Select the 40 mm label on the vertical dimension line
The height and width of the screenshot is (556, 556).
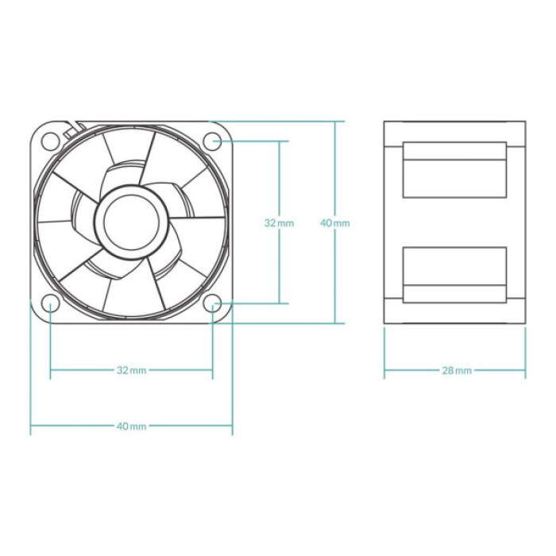point(334,223)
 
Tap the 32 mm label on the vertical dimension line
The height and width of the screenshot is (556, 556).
point(279,223)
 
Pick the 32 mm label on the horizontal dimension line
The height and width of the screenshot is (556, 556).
point(131,370)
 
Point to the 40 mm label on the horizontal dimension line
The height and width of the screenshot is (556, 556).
point(131,426)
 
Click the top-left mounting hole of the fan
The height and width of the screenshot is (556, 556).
point(50,141)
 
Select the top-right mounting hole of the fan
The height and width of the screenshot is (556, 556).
point(212,141)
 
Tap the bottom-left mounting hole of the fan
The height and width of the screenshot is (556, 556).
point(50,303)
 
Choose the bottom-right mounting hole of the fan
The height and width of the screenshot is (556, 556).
point(212,303)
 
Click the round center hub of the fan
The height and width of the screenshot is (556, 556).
point(131,222)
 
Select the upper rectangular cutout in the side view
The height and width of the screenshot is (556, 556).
point(454,170)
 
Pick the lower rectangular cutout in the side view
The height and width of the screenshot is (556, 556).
point(454,275)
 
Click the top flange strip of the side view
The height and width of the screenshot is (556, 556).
point(454,133)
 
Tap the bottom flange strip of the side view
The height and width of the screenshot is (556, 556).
point(454,313)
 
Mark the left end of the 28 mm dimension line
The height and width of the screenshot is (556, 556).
point(384,370)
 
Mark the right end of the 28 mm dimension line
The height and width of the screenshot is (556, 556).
point(525,370)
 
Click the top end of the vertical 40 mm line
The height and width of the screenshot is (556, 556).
point(334,122)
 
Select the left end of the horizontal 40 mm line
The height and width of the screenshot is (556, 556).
point(31,426)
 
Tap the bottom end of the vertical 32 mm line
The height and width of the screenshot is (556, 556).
point(279,303)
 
